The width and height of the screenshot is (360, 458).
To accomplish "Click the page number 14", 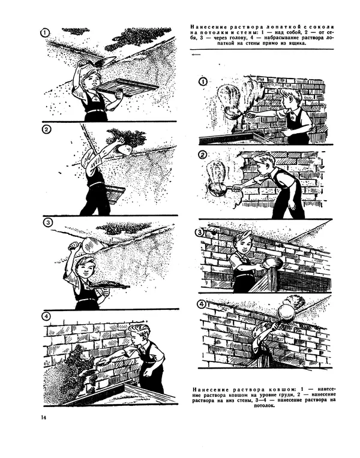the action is coord(44,417).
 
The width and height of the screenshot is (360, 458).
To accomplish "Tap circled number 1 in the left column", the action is coord(44,33).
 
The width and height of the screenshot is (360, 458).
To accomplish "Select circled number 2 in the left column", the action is coord(46,129).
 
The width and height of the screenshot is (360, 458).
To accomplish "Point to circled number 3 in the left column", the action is coord(47,223).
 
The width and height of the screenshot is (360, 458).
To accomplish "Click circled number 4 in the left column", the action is coord(46,317).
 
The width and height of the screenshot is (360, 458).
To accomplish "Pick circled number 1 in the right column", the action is coord(203,82).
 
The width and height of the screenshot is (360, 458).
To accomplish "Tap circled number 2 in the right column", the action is coord(203,155).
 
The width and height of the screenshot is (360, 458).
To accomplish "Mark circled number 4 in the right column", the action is coord(202,305).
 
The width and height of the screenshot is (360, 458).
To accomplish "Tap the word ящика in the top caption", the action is coord(296,44).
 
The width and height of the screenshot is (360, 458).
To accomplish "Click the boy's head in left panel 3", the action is coord(84,266).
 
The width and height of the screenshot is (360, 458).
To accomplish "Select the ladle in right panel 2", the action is coord(222,188).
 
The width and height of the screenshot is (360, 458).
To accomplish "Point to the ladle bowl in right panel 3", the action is coord(273,263).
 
